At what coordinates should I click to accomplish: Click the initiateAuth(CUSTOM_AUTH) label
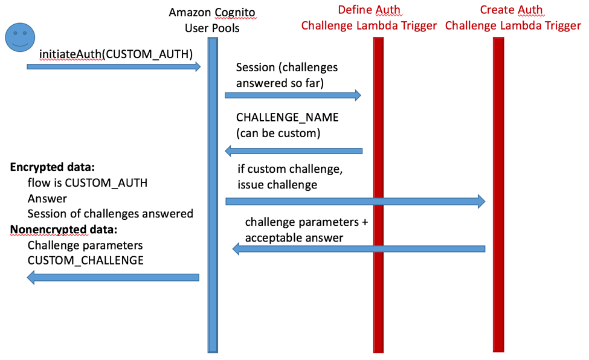pos(116,54)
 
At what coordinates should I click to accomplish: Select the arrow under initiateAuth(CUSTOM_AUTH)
pos(114,67)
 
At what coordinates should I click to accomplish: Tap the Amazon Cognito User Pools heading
pos(212,20)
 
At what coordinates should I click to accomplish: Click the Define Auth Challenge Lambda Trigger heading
pos(369,18)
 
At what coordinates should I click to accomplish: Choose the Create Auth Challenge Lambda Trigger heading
pos(512,18)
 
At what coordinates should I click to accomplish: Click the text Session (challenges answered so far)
pos(286,76)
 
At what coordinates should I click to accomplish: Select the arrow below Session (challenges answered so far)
pos(293,95)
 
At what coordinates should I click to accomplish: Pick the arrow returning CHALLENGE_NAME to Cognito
pos(294,150)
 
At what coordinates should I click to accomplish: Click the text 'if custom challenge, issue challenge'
pos(289,177)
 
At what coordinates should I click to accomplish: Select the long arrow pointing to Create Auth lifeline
pos(355,201)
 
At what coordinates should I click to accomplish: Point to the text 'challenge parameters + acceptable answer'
pos(306,230)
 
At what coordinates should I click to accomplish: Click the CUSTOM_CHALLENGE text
pos(85,260)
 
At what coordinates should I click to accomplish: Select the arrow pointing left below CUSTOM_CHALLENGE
pos(114,277)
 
